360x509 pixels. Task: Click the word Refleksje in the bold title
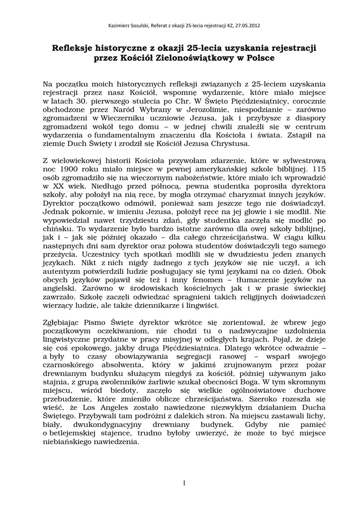[75, 48]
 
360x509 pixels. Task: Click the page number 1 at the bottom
[184, 483]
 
